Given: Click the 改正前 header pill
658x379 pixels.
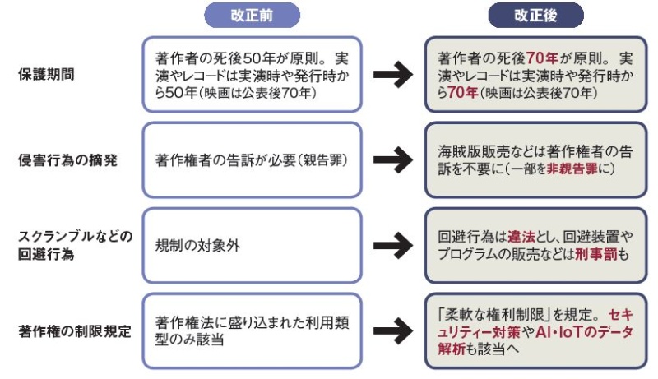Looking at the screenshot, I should coord(252,15).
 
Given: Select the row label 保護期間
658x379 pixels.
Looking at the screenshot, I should coord(47,75).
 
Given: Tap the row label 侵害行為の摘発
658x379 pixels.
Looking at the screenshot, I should coord(67,159).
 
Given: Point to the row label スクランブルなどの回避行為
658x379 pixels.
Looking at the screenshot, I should coord(75,245).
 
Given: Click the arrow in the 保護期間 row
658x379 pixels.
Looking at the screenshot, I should coord(393,75).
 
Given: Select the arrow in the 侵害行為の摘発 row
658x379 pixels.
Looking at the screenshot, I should coord(393,159).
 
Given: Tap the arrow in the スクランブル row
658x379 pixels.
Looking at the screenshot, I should coord(393,245).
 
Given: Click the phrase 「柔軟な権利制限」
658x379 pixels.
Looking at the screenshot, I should coord(505,314).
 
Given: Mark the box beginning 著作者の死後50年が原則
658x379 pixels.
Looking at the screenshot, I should coord(253,75).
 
